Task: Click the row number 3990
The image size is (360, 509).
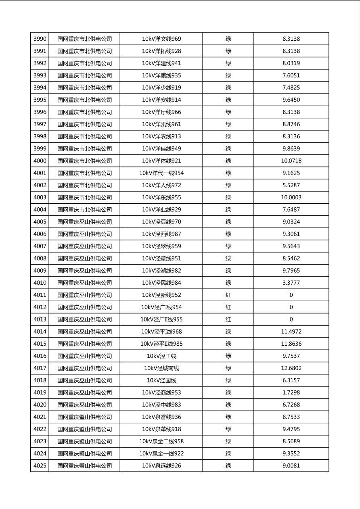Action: click(40, 39)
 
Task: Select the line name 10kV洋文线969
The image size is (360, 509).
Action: click(161, 39)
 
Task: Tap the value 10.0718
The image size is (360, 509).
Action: click(291, 161)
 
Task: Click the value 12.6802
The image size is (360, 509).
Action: click(291, 368)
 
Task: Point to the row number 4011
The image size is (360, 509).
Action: click(40, 295)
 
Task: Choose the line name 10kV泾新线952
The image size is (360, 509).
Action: click(161, 295)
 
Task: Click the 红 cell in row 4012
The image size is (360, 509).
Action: click(228, 307)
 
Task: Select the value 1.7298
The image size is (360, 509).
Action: click(291, 392)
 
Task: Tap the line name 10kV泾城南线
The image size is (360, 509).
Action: click(161, 368)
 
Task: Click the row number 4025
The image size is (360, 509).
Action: click(40, 466)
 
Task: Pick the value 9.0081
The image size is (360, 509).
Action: click(291, 466)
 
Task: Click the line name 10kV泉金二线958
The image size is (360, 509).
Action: click(161, 441)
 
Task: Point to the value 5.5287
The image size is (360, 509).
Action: click(291, 186)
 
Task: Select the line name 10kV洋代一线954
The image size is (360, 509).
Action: click(161, 173)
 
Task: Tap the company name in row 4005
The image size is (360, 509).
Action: click(84, 222)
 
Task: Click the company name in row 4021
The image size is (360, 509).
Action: click(84, 417)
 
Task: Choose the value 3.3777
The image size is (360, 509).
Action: click(291, 283)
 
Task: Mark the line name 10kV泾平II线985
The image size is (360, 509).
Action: click(161, 344)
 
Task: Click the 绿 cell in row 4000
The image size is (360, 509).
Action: click(228, 161)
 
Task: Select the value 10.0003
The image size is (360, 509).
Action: click(291, 198)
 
